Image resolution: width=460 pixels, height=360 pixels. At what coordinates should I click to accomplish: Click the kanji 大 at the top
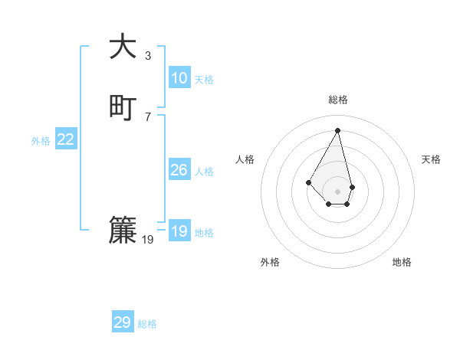123,47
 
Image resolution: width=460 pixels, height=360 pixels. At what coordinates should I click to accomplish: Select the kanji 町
123,107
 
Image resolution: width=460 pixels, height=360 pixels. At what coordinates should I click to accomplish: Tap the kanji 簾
123,231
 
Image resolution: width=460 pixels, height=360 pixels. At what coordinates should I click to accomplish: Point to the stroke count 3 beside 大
148,55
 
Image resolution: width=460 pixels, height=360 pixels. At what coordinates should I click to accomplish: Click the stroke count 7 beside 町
148,116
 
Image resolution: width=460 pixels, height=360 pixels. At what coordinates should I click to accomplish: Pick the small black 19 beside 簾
148,240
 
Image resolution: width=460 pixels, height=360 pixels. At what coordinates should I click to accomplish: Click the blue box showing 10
179,78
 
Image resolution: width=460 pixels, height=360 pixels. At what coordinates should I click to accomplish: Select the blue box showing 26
179,170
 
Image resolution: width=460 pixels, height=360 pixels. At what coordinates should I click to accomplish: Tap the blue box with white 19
179,231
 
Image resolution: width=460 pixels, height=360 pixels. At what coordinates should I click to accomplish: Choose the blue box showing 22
66,139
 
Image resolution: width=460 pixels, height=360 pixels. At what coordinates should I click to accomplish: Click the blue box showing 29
123,322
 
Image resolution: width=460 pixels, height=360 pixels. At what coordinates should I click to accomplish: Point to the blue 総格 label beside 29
147,324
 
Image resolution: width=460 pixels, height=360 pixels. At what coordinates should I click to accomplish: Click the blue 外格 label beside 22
41,141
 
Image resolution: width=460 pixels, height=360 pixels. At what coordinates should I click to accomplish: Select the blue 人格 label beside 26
204,172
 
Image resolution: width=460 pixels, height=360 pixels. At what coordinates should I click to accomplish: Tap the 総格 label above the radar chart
338,100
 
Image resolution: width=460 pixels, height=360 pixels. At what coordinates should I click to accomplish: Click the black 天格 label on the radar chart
431,159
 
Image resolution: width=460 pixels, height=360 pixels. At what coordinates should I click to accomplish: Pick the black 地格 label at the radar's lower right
402,262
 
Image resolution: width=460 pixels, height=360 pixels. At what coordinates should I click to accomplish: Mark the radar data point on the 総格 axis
337,129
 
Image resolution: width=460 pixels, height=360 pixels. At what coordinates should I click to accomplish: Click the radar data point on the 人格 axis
308,182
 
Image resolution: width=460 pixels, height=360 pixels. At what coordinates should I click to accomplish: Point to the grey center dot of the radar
337,191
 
